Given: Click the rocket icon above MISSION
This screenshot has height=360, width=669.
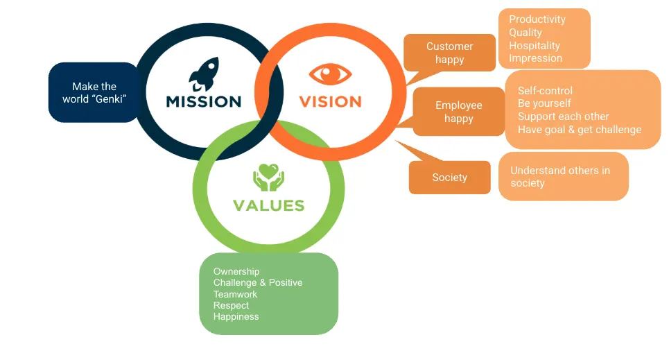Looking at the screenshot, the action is coord(204,74).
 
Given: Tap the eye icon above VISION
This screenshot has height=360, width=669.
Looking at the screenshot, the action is coord(330,74).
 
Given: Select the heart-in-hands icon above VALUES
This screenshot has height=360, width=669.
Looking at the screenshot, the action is coord(268,177).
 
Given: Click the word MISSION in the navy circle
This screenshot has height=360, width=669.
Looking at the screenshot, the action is coord(204,102).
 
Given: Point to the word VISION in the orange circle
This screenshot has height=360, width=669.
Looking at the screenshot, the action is coord(330,102).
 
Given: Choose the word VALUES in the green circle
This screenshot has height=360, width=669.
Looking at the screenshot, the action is coord(269,205).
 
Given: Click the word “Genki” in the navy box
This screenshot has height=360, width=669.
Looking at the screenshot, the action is coord(110,99).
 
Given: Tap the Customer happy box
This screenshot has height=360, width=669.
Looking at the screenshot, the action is coord(450,53).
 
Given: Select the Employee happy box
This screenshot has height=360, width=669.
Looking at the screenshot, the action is coord(459,112).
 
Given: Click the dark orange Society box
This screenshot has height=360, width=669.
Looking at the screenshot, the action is coord(450,177).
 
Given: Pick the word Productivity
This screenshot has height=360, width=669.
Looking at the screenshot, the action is coord(537,19).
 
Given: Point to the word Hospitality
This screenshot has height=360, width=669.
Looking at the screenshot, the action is coord(535,46).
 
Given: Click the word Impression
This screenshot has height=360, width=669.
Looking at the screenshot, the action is coord(535,58).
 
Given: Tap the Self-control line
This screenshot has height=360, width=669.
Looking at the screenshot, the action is coord(545,91).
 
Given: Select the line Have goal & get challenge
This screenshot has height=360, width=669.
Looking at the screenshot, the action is coord(580,130).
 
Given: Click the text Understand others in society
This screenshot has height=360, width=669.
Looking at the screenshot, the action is coord(560,177).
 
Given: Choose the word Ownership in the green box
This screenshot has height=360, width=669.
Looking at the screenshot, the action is coord(236,272).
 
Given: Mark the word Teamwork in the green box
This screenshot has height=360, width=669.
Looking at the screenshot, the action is coord(235,294).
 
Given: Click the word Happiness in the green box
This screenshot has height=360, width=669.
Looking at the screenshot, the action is coord(236,317).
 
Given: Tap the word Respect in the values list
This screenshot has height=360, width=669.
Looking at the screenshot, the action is coord(231,306).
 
